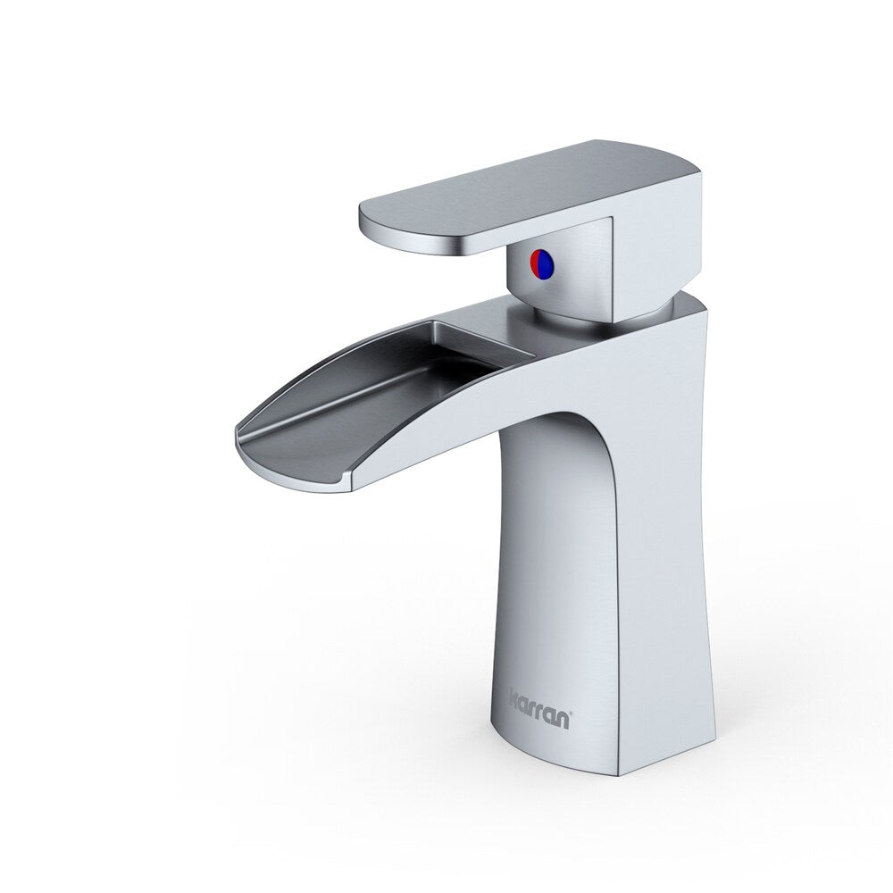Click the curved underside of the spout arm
pyautogui.click(x=446, y=438)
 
